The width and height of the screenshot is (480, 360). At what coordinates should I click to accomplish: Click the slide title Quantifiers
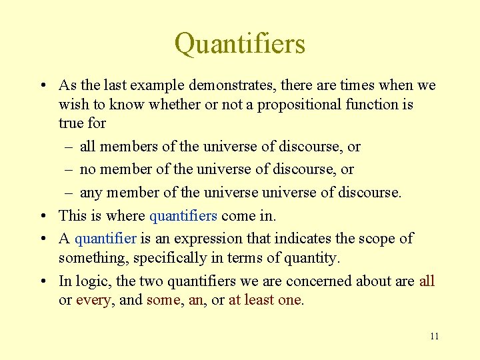pyautogui.click(x=240, y=44)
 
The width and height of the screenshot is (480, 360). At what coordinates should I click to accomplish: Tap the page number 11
pyautogui.click(x=434, y=336)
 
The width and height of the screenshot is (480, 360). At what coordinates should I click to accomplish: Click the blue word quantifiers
pyautogui.click(x=183, y=216)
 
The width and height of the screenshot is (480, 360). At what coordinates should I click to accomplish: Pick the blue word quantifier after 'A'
pyautogui.click(x=105, y=239)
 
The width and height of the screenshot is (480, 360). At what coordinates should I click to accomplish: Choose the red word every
pyautogui.click(x=93, y=300)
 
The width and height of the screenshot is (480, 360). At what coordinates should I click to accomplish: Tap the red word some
pyautogui.click(x=163, y=300)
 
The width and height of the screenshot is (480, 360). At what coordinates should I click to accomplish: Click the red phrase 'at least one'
pyautogui.click(x=266, y=300)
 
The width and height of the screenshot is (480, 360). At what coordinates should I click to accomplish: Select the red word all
pyautogui.click(x=427, y=281)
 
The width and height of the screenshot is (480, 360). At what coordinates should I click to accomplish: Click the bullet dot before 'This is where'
pyautogui.click(x=42, y=216)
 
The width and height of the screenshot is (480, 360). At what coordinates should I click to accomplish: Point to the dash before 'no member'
pyautogui.click(x=69, y=169)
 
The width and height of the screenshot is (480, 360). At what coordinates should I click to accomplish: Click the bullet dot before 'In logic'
pyautogui.click(x=42, y=281)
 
